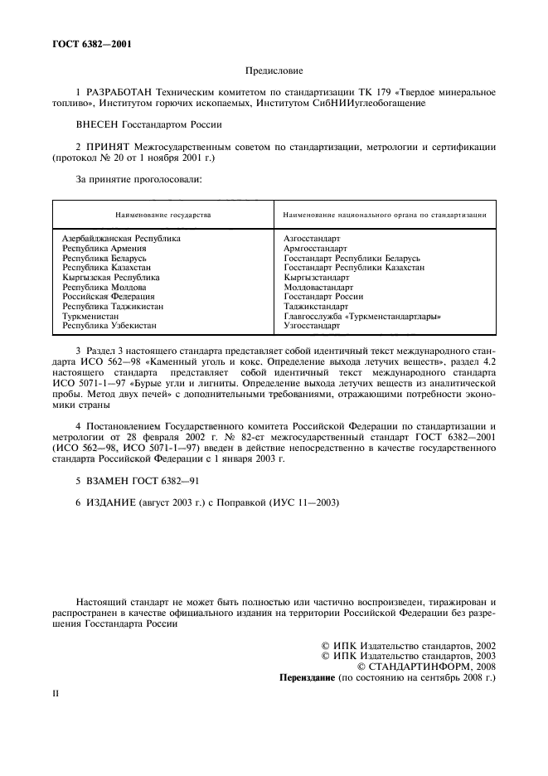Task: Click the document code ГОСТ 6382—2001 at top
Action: (83, 45)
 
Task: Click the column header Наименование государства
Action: (163, 215)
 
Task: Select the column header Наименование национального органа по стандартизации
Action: (384, 215)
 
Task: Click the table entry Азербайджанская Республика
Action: (121, 239)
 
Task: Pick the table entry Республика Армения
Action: (104, 248)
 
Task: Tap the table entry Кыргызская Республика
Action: (111, 277)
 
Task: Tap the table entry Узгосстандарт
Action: (312, 326)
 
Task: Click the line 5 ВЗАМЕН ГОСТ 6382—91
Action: (137, 480)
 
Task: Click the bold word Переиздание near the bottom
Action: (308, 677)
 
